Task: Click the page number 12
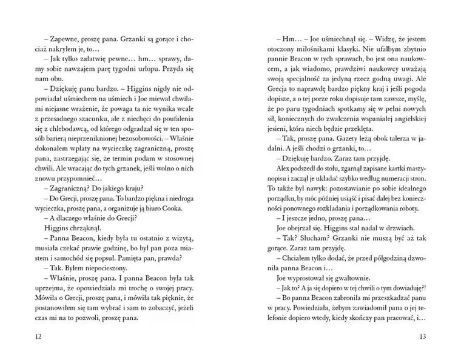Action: point(22,336)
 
